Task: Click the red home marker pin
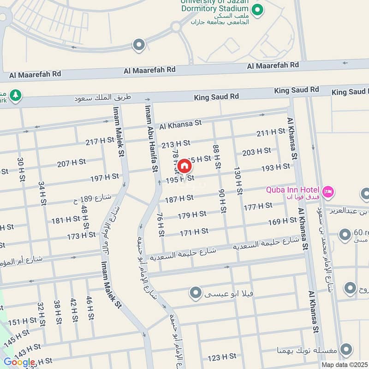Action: pyautogui.click(x=184, y=166)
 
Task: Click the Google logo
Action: pyautogui.click(x=19, y=362)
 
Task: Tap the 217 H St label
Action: pyautogui.click(x=99, y=142)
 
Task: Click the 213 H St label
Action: pyautogui.click(x=176, y=143)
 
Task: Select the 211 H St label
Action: pyautogui.click(x=271, y=133)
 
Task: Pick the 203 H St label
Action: pyautogui.click(x=256, y=151)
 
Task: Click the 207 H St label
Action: pyautogui.click(x=71, y=162)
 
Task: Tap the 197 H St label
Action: pyautogui.click(x=105, y=177)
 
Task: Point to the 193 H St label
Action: pyautogui.click(x=275, y=167)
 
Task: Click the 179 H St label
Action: pyautogui.click(x=192, y=214)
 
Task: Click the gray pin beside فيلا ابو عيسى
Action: pyautogui.click(x=196, y=292)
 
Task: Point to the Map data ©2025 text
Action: pyautogui.click(x=344, y=364)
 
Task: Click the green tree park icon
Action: pyautogui.click(x=16, y=95)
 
